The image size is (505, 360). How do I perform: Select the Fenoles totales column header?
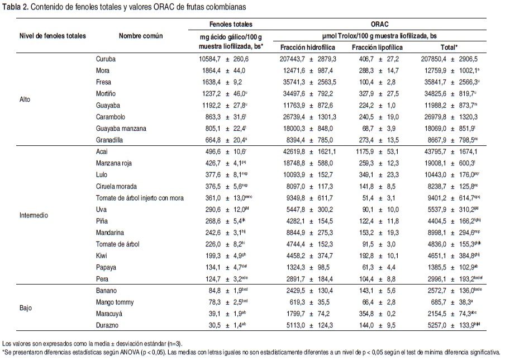[x=231, y=25]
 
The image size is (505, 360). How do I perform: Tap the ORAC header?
[x=380, y=25]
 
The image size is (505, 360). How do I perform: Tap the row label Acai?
[x=103, y=151]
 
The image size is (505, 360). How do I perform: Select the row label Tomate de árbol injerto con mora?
[x=140, y=197]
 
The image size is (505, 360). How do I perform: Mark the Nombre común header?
[x=141, y=36]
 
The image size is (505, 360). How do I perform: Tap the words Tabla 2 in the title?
[x=15, y=7]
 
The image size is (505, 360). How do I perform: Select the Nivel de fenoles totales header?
[x=53, y=36]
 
